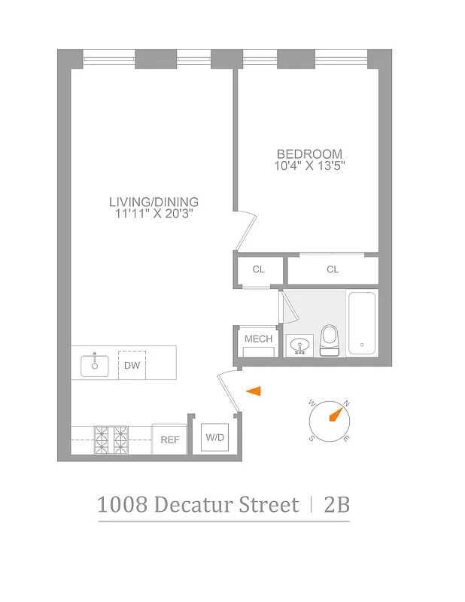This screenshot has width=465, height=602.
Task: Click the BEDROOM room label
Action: click(x=308, y=154)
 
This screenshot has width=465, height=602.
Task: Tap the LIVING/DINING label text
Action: click(x=153, y=202)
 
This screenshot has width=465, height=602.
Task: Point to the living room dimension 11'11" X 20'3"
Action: click(x=153, y=214)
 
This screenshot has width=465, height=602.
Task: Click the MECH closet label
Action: click(x=258, y=339)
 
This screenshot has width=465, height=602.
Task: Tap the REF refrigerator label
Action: click(x=169, y=439)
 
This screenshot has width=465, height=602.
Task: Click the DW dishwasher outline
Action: click(x=132, y=366)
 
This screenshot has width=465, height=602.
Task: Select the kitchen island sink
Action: click(x=96, y=366)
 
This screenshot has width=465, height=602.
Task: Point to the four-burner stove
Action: click(x=111, y=439)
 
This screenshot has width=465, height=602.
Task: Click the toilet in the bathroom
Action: click(x=330, y=340)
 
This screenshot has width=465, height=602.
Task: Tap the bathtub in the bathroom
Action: click(x=362, y=324)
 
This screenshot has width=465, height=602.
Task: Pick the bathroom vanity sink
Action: click(x=299, y=345)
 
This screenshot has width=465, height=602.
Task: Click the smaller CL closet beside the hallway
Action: click(x=259, y=269)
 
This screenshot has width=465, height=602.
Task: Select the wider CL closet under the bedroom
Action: click(x=333, y=269)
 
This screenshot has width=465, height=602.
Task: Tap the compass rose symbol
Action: click(x=329, y=420)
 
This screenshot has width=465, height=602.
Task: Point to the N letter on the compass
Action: click(x=346, y=403)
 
